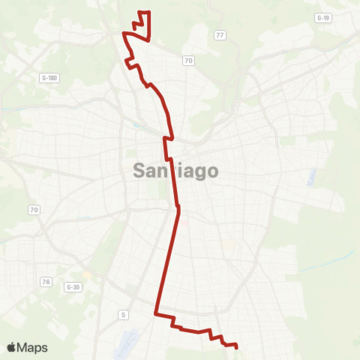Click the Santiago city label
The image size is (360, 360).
tap(176, 171)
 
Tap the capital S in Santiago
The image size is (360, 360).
tap(140, 171)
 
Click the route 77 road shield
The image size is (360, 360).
tap(220, 35)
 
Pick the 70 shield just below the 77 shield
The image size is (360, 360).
tap(187, 60)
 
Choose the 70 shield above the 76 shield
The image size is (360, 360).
tap(33, 208)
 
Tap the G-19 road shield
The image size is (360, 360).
tap(323, 18)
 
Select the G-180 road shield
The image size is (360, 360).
tap(49, 77)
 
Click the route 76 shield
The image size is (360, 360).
tap(46, 282)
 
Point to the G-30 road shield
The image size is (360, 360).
tap(73, 286)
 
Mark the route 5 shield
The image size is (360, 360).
tap(122, 314)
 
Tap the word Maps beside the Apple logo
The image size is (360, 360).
tap(34, 347)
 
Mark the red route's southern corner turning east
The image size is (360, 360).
tap(156, 314)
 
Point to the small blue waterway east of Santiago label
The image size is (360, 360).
tap(310, 177)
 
